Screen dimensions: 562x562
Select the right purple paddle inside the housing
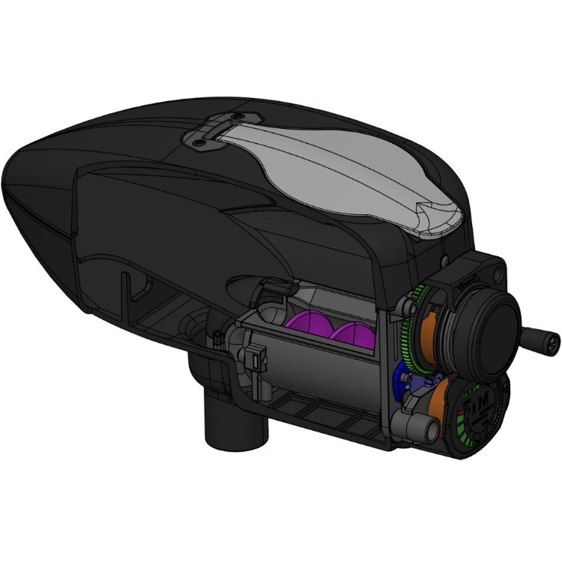coord(352,336)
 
